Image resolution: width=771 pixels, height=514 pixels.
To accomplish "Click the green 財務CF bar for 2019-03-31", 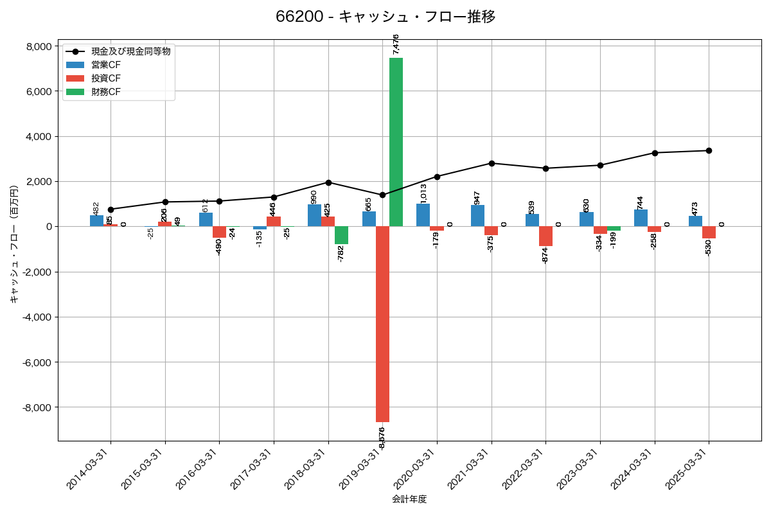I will (396, 141).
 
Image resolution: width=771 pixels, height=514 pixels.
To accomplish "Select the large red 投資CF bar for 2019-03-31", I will (382, 324).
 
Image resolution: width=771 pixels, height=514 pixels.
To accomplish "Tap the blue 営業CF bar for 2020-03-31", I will (423, 215).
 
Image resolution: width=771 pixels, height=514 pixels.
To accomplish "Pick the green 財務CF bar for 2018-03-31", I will (341, 235).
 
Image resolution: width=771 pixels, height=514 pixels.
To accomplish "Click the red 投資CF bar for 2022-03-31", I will (545, 236).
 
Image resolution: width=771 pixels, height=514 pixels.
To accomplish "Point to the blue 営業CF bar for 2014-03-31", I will (96, 221).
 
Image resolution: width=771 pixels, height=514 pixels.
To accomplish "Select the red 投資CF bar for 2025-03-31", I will (709, 233).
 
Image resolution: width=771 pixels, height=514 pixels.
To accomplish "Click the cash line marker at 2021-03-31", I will (492, 163).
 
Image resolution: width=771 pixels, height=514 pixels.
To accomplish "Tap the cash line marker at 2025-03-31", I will (709, 150).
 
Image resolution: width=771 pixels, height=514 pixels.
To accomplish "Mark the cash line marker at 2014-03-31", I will (111, 209).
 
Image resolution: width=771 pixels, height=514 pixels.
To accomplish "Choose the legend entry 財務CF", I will (106, 92).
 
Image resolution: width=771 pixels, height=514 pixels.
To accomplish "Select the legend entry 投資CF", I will (106, 78).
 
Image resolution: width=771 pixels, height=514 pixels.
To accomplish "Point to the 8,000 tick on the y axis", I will (39, 46).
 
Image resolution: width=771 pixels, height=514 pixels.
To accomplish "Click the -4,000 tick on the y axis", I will (37, 317).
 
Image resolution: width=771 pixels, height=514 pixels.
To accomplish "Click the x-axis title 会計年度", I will (409, 499).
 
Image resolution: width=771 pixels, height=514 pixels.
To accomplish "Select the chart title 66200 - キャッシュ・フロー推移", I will (385, 17).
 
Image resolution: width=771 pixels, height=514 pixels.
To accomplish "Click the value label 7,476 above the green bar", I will (396, 44).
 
